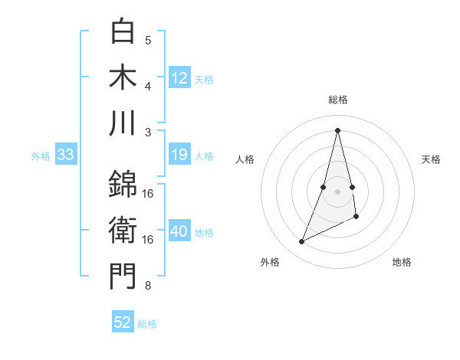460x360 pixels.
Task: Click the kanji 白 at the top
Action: point(123,31)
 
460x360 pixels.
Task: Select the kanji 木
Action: point(123,77)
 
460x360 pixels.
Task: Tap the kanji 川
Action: point(123,123)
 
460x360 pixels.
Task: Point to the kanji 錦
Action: point(123,185)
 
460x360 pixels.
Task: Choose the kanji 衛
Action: point(123,230)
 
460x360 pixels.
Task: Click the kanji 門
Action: point(123,277)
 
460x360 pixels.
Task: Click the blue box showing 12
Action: point(179,77)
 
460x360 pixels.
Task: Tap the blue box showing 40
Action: point(179,231)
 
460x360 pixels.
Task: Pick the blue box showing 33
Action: point(65,155)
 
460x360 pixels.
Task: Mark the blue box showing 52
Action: point(123,322)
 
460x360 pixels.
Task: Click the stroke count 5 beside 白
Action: point(148,41)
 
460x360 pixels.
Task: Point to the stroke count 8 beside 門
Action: point(148,286)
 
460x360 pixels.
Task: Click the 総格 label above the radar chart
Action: point(337,100)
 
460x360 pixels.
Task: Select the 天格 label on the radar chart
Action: point(431,159)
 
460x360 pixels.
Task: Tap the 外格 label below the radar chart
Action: point(270,262)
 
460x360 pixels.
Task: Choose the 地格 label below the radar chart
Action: point(402,262)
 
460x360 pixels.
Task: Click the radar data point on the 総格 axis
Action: point(337,129)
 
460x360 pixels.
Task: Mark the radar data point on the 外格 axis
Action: point(301,242)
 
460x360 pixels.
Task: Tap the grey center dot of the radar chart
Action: point(337,191)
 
